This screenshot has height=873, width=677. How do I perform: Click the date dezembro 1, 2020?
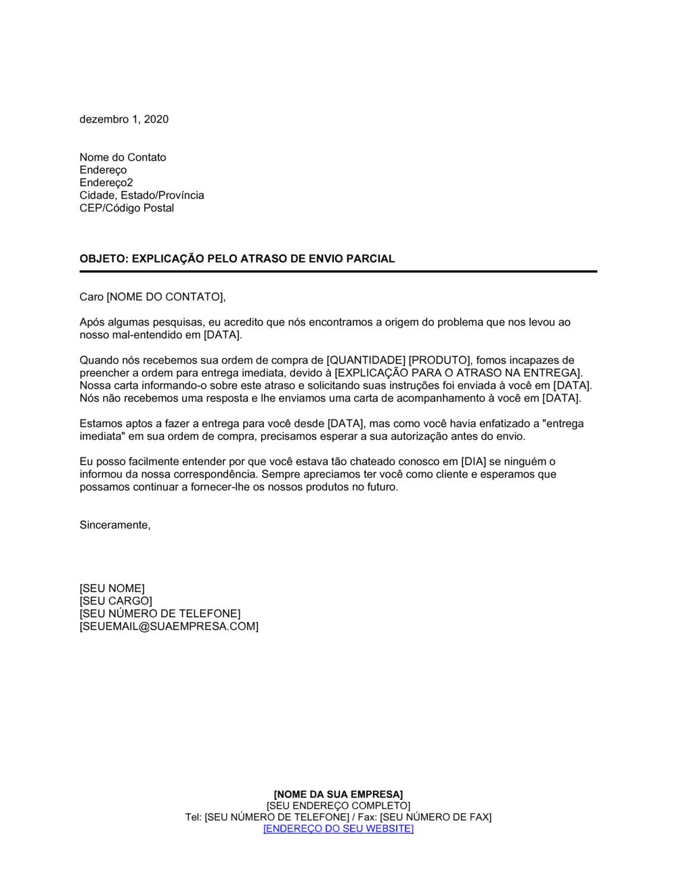click(124, 119)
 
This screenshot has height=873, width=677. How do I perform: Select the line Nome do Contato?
click(123, 157)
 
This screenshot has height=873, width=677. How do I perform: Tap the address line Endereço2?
click(106, 183)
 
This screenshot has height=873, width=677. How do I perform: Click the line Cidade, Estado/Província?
click(141, 196)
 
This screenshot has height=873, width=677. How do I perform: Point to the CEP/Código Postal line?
click(127, 208)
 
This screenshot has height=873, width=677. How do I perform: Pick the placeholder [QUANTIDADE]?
click(366, 360)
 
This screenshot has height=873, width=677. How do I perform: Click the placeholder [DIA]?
click(474, 462)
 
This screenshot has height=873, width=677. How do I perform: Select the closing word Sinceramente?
click(114, 525)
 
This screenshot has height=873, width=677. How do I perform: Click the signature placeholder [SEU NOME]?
click(112, 589)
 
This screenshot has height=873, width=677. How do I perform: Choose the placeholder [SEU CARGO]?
click(116, 601)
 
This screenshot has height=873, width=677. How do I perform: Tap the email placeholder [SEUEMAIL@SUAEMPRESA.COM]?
click(169, 627)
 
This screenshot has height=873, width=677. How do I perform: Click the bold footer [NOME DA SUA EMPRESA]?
click(338, 794)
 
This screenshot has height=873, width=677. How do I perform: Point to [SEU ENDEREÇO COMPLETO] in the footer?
click(338, 806)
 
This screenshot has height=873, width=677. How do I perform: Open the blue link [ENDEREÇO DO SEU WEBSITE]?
click(338, 829)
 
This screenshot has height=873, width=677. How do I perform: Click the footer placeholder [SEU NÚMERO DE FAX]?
click(435, 818)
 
